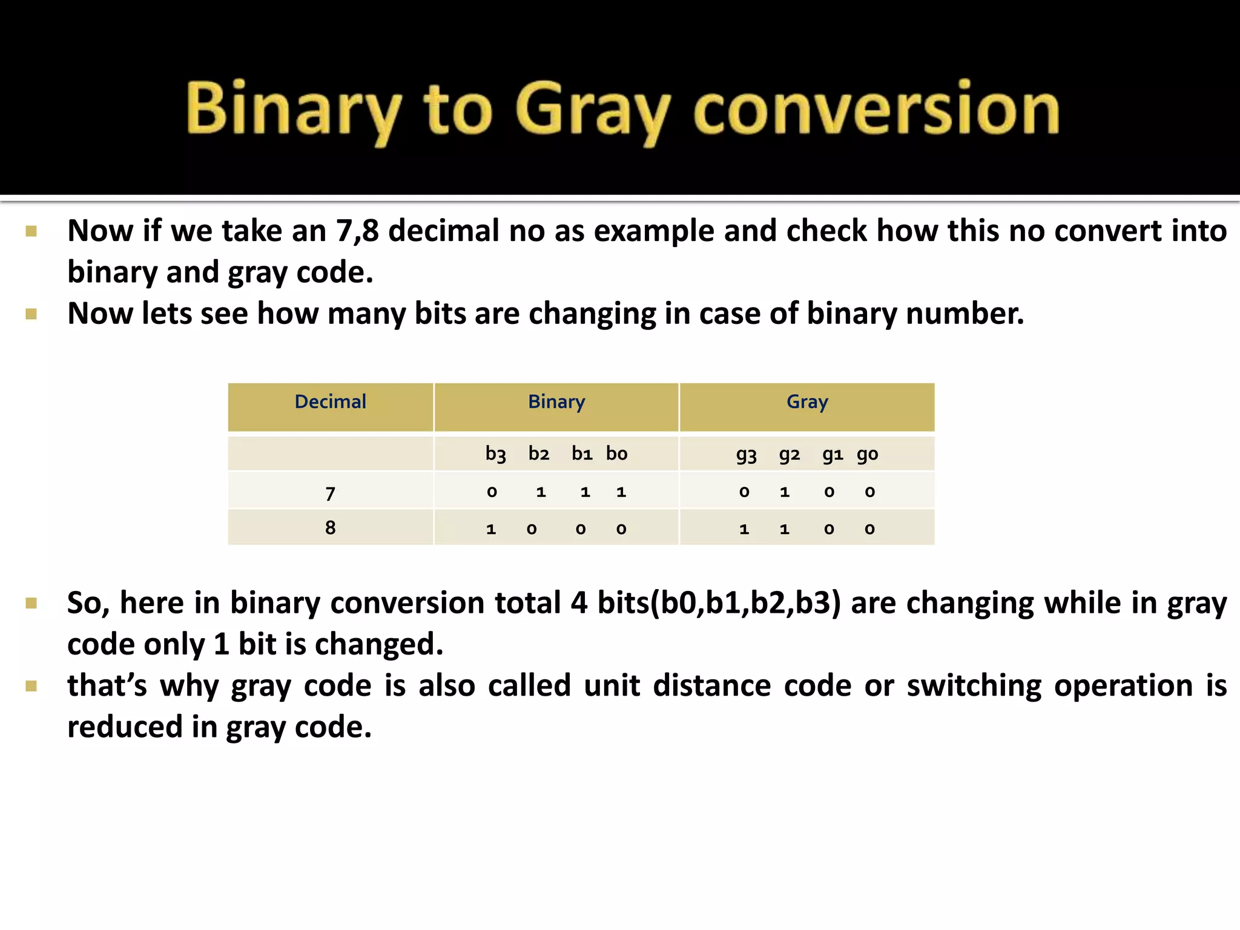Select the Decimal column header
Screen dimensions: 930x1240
330,402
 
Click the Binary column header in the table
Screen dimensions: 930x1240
556,402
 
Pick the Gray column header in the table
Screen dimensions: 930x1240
807,402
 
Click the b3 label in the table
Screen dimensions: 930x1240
495,454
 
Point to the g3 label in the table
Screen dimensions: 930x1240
746,455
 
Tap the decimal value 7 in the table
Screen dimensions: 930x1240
330,493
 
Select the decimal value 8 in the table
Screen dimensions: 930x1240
330,528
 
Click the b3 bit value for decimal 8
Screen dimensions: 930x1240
491,529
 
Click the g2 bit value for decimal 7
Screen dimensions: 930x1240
785,492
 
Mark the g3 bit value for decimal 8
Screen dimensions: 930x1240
744,529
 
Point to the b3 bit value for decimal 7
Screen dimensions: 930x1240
492,492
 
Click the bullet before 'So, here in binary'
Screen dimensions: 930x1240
31,603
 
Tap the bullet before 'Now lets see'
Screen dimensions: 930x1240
31,314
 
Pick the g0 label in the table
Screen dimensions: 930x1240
867,455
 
